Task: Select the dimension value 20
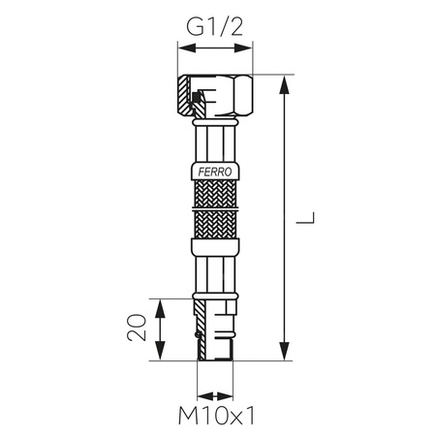click(x=140, y=327)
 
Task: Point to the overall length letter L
click(x=305, y=219)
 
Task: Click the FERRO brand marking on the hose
click(x=216, y=171)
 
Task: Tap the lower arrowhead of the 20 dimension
click(x=161, y=354)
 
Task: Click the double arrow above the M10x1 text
click(x=216, y=395)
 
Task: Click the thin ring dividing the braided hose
click(x=216, y=207)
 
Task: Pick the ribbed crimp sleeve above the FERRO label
click(x=216, y=143)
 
